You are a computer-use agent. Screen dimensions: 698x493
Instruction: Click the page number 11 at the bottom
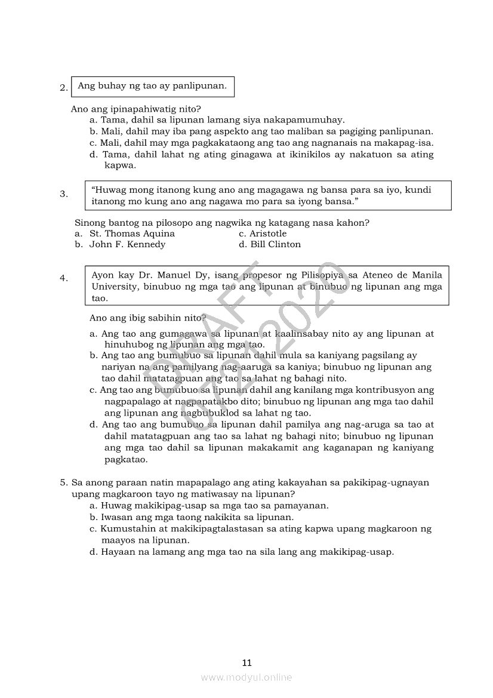pos(247,662)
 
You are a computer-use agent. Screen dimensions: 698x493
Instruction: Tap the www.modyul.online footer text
pos(246,677)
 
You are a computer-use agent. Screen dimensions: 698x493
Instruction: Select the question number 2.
pos(63,88)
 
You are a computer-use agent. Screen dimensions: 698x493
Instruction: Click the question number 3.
pos(63,193)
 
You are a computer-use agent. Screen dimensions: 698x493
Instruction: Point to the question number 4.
pos(63,278)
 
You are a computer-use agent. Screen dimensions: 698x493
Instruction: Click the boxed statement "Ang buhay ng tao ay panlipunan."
pos(152,86)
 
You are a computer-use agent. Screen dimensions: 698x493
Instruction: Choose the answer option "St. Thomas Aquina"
pos(132,233)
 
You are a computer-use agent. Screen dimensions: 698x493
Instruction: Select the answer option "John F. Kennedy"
pos(127,244)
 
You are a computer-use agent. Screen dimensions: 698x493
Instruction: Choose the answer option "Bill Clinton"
pos(275,244)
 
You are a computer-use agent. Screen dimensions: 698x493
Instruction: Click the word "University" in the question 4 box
pos(113,287)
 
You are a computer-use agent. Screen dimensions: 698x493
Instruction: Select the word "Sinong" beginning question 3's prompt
pos(89,223)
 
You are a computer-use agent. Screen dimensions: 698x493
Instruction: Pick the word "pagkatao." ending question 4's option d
pos(125,460)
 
